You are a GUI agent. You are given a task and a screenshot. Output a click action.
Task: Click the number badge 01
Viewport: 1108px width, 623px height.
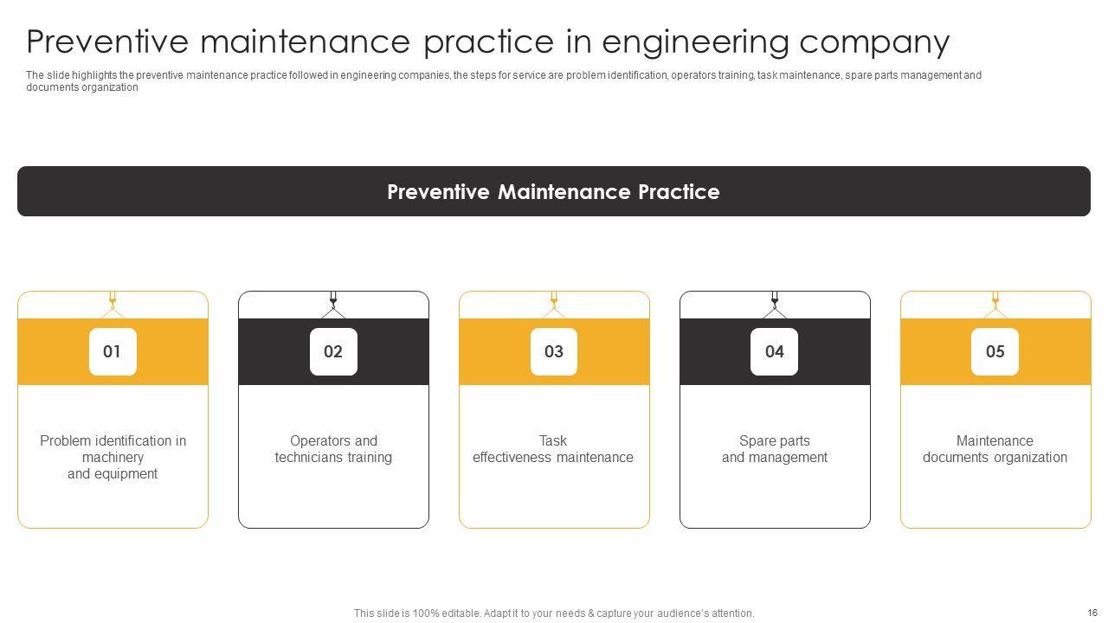113,351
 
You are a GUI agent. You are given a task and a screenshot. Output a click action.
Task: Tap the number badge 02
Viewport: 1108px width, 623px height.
333,351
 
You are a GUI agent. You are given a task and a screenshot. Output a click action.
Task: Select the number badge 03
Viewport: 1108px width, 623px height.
554,351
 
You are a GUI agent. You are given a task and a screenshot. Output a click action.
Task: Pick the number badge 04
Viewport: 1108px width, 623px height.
774,351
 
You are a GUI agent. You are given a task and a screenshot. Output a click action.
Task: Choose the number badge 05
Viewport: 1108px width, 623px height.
995,351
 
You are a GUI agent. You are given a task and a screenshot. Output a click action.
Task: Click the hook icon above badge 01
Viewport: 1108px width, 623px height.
113,305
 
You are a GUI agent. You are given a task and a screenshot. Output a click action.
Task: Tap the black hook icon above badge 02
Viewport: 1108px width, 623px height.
333,305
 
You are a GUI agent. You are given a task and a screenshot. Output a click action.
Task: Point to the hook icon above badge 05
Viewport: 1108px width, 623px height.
995,305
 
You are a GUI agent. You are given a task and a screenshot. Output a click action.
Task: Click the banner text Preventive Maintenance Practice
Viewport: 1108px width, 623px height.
553,192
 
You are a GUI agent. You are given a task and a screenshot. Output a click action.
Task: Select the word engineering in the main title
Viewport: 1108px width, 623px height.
695,43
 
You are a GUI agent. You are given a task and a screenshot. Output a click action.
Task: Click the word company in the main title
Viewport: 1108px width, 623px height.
874,43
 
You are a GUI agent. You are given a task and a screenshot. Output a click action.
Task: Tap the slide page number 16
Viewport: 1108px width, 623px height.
1092,613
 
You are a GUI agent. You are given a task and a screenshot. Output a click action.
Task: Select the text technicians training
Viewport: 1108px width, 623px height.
333,458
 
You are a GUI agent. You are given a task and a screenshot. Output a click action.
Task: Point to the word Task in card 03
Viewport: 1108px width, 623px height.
553,440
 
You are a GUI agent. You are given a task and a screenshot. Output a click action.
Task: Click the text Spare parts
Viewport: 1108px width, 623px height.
775,440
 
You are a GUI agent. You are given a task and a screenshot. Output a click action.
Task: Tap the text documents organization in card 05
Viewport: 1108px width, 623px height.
995,458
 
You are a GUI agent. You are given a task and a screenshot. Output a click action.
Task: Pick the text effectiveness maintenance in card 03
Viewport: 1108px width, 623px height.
553,458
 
